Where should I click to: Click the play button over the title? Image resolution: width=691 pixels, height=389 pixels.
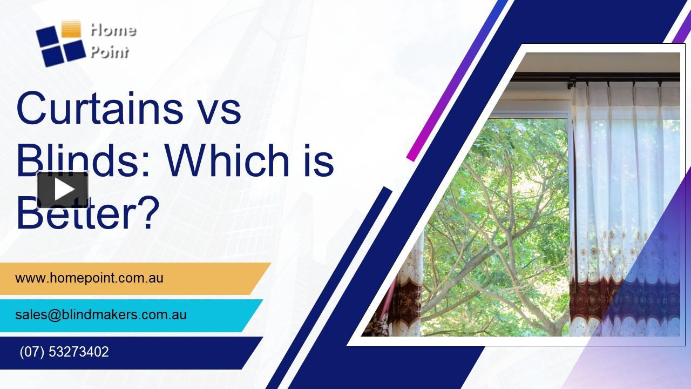click(x=63, y=189)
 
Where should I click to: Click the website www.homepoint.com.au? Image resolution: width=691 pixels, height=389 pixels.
click(x=89, y=279)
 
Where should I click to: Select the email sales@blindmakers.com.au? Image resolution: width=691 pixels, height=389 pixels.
click(x=101, y=314)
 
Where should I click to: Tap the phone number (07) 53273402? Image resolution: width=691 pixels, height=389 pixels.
click(x=64, y=352)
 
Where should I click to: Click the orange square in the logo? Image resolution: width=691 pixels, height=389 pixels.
click(x=71, y=29)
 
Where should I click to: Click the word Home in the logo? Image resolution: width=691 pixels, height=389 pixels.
click(x=113, y=30)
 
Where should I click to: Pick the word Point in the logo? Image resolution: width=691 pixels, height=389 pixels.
click(x=110, y=52)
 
